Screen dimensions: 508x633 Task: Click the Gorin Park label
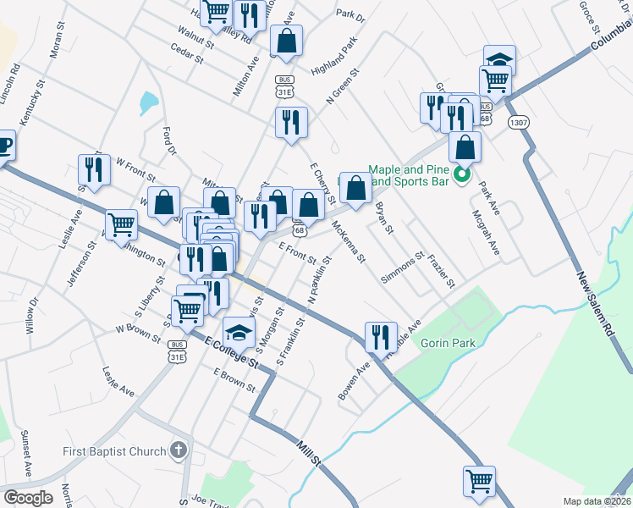pyautogui.click(x=448, y=343)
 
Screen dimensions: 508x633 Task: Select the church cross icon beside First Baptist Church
pyautogui.click(x=178, y=450)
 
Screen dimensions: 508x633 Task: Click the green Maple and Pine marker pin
pyautogui.click(x=462, y=176)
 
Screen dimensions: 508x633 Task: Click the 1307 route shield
pyautogui.click(x=520, y=123)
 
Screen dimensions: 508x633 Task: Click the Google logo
pyautogui.click(x=28, y=498)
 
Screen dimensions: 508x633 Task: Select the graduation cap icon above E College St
pyautogui.click(x=239, y=331)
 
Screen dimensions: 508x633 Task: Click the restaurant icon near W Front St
pyautogui.click(x=94, y=168)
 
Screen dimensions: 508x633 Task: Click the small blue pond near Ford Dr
pyautogui.click(x=148, y=103)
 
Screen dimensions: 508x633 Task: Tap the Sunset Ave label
pyautogui.click(x=27, y=458)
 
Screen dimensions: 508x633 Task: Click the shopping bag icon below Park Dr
pyautogui.click(x=287, y=40)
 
